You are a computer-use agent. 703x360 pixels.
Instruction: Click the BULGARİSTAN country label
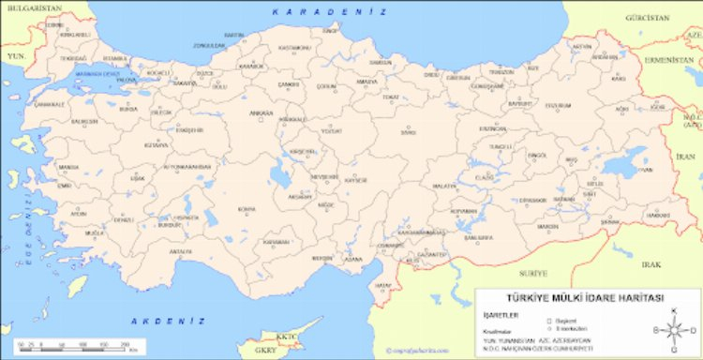(27, 8)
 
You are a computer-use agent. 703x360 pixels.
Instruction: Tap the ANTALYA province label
(181, 250)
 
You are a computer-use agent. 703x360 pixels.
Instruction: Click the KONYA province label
(247, 208)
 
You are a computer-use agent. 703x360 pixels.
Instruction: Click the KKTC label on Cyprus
(285, 335)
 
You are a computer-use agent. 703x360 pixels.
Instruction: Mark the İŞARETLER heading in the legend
(494, 316)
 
